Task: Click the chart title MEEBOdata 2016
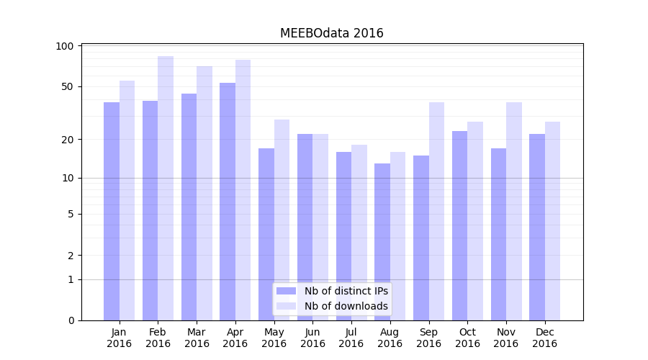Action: point(331,33)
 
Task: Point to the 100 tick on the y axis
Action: point(65,46)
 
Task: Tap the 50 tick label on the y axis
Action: point(68,86)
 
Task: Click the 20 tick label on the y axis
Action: point(68,139)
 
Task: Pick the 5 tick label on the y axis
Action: point(71,214)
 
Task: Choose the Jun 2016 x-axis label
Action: point(312,338)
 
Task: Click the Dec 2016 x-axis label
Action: point(544,338)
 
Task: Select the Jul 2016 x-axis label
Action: point(351,338)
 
